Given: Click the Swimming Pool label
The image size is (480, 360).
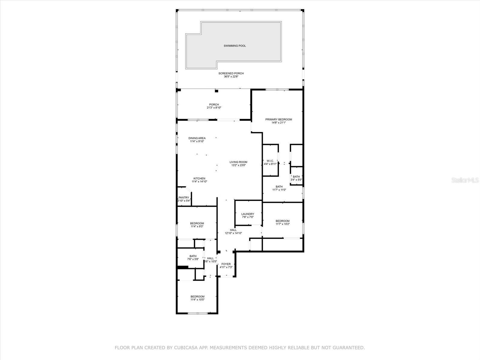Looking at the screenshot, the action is click(235, 46).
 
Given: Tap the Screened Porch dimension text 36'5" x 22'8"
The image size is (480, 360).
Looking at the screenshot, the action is click(231, 76).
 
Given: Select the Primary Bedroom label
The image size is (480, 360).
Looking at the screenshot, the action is click(279, 119).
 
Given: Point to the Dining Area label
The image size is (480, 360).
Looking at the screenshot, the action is click(197, 138).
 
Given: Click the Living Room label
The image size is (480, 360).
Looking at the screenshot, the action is click(238, 162).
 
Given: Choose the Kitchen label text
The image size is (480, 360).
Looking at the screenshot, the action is click(199, 178).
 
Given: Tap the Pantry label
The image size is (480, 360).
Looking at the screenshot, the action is click(184, 197).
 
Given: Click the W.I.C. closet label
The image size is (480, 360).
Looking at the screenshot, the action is click(270, 161).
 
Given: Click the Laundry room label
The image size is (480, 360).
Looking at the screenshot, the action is click(247, 214).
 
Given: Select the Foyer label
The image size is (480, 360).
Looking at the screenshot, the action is click(226, 264).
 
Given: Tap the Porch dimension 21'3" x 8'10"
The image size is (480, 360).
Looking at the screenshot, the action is click(214, 107).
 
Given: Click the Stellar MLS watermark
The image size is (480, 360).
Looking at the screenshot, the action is click(465, 180).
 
